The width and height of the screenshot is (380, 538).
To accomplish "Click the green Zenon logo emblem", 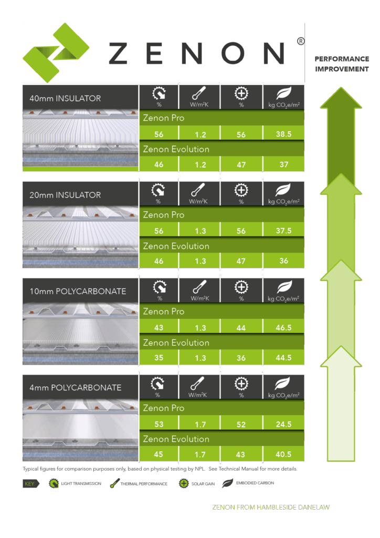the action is pyautogui.click(x=56, y=53).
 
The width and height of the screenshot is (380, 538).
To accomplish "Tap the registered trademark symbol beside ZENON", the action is pyautogui.click(x=301, y=42).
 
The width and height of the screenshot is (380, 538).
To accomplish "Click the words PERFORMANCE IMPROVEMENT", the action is pyautogui.click(x=342, y=64).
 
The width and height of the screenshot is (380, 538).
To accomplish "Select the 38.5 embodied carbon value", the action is pyautogui.click(x=284, y=134).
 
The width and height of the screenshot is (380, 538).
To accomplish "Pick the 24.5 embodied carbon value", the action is pyautogui.click(x=284, y=425).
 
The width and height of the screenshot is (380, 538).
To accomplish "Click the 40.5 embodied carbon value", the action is pyautogui.click(x=283, y=454).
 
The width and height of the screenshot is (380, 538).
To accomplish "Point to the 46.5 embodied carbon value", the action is pyautogui.click(x=284, y=328).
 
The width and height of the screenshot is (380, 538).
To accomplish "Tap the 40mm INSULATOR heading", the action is pyautogui.click(x=65, y=98).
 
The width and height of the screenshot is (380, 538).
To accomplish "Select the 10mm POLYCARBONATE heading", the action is pyautogui.click(x=78, y=291).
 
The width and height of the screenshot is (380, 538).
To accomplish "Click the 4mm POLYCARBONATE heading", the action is pyautogui.click(x=76, y=388).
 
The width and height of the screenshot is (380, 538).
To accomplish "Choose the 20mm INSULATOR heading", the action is pyautogui.click(x=65, y=195).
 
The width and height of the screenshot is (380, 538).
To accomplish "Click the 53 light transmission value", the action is pyautogui.click(x=159, y=425).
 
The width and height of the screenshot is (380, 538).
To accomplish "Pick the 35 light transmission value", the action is pyautogui.click(x=159, y=358).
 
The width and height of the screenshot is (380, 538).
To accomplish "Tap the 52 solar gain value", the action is pyautogui.click(x=241, y=425).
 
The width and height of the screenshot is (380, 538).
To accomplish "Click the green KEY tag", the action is pyautogui.click(x=31, y=483).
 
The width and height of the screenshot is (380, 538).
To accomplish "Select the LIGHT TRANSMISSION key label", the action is pyautogui.click(x=81, y=483).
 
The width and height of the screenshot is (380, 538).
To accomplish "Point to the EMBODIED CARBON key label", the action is pyautogui.click(x=255, y=483).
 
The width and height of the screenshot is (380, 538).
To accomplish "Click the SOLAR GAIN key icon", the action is pyautogui.click(x=184, y=483).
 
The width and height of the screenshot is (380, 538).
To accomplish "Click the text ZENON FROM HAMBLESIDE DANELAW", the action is pyautogui.click(x=271, y=507).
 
